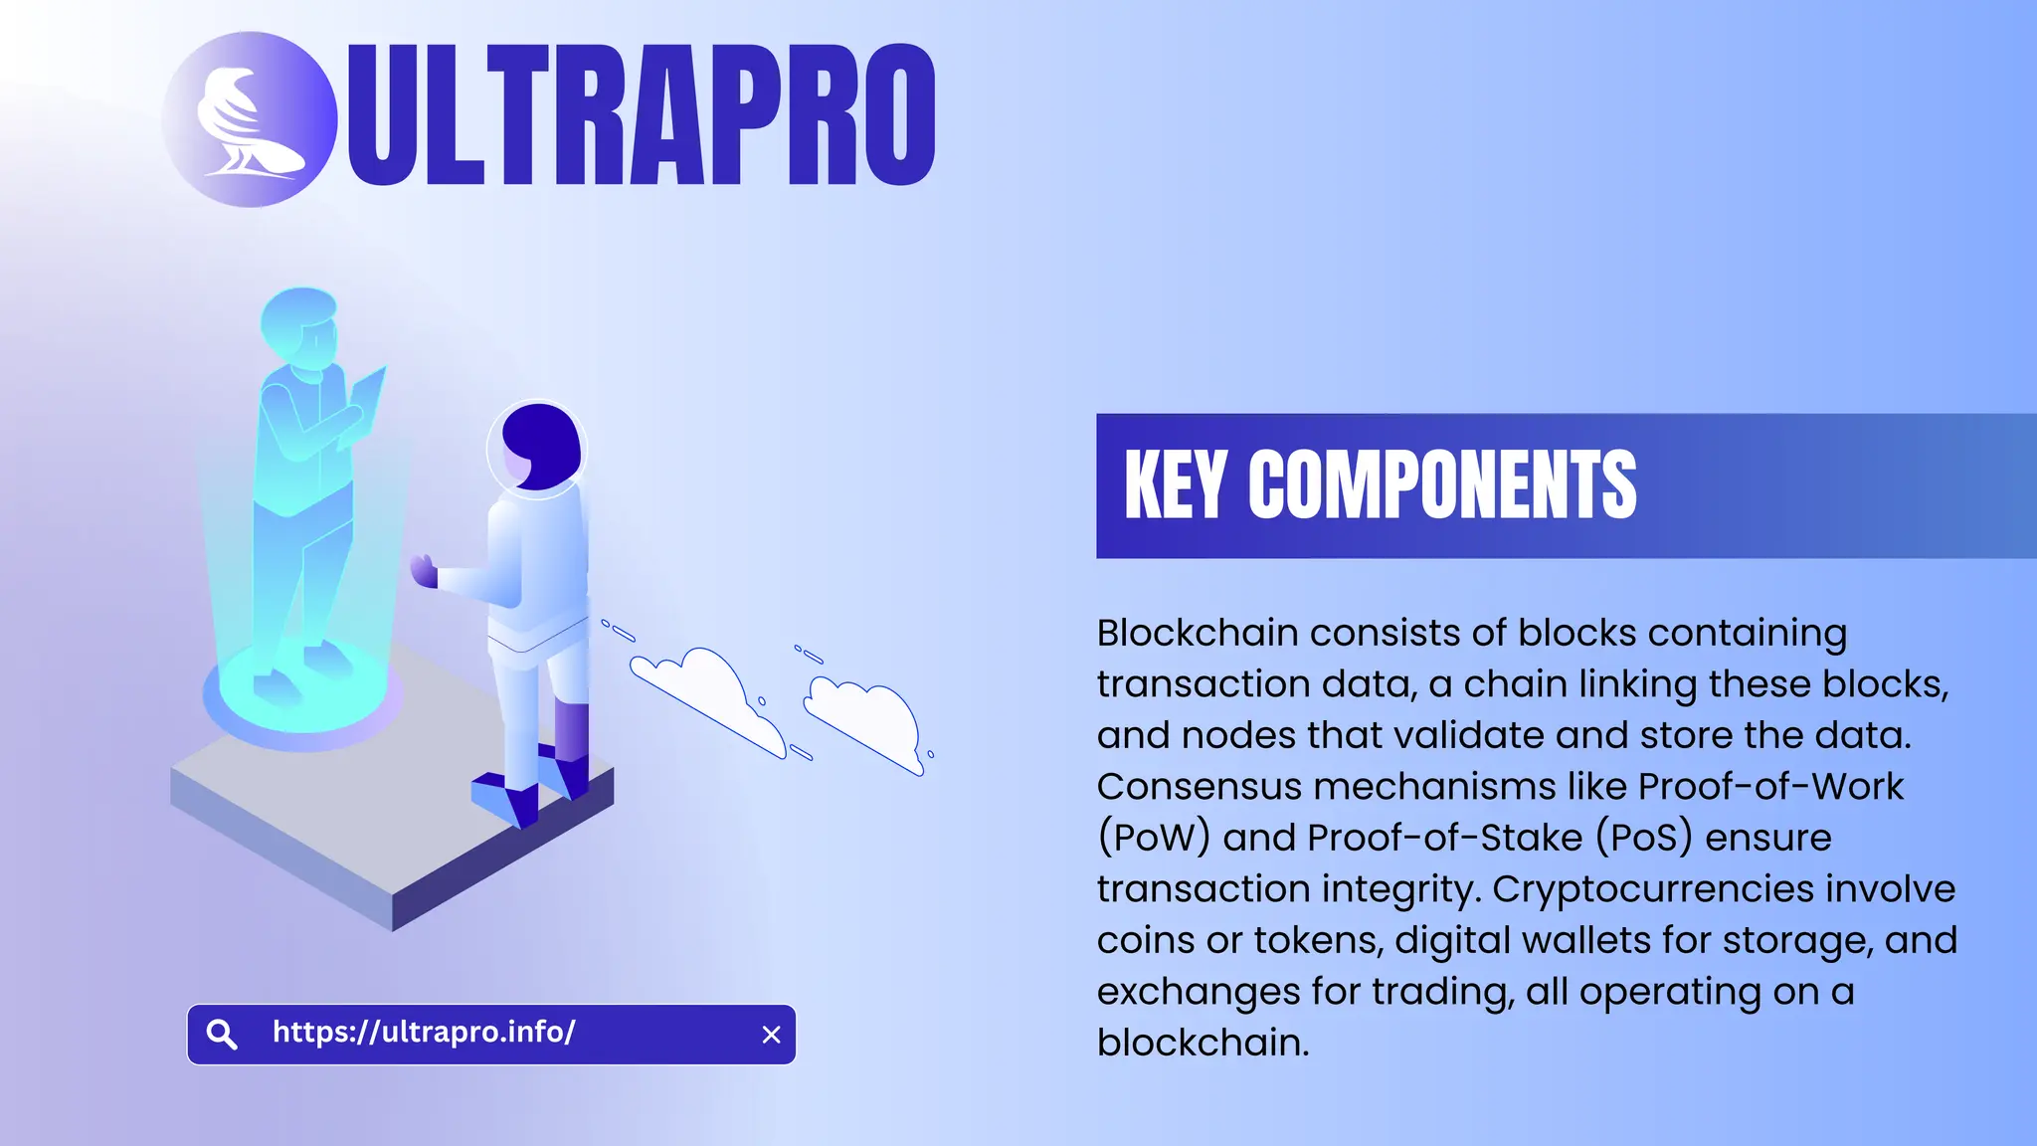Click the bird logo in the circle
point(249,119)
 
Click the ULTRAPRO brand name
point(642,115)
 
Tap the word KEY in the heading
point(1175,484)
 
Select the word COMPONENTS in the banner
point(1441,484)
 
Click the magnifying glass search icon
point(222,1035)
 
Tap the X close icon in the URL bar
point(771,1035)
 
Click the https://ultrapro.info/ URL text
point(424,1032)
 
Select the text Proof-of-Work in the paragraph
point(1770,786)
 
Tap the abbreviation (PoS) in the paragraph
point(1644,838)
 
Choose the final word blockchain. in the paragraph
point(1203,1043)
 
